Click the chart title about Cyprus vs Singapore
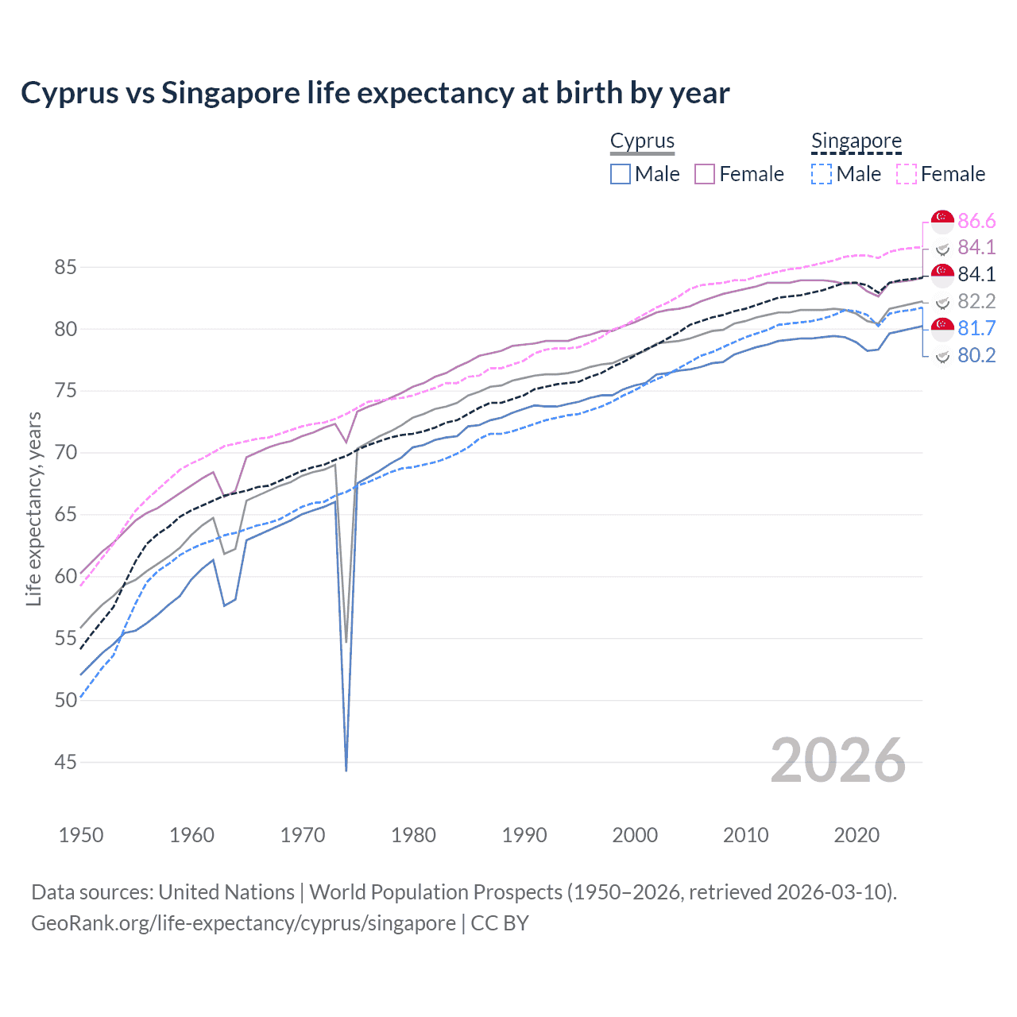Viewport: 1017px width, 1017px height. tap(375, 93)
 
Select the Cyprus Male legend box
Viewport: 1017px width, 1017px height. tap(621, 174)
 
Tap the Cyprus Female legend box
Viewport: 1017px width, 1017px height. tap(705, 174)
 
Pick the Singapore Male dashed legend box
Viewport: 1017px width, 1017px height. tap(822, 174)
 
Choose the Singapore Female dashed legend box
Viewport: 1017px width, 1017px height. tap(907, 174)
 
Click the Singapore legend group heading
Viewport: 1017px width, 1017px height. tap(856, 141)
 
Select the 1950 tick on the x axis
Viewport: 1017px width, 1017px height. tap(81, 835)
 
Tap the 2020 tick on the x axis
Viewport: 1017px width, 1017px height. tap(857, 835)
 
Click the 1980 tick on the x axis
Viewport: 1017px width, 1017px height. tap(413, 835)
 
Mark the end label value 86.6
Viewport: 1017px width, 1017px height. tap(976, 221)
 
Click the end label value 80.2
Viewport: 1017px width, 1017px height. tap(976, 355)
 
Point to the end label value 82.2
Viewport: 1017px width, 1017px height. tap(976, 301)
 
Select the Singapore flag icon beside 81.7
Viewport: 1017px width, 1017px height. tap(942, 327)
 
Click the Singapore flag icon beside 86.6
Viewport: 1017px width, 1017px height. tap(942, 220)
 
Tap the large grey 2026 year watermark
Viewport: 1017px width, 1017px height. tap(838, 760)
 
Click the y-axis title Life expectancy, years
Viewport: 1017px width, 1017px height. tap(34, 508)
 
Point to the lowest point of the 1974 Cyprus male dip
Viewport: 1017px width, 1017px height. tap(346, 770)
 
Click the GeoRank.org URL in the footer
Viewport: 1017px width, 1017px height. tap(243, 923)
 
